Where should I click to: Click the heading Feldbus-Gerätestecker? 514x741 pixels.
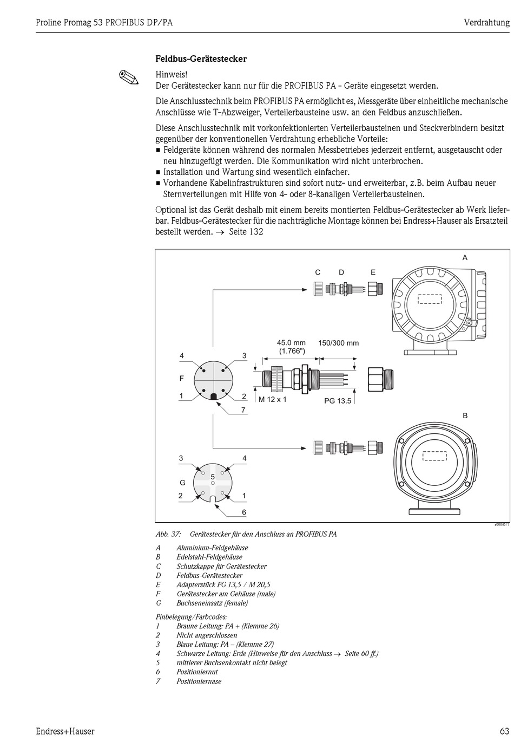pos(201,58)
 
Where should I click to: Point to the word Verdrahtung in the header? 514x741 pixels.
pos(486,22)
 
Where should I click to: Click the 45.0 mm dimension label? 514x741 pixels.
pos(291,343)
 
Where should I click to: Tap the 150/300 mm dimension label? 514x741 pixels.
pos(338,343)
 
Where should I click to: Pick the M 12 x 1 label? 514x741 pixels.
pos(272,399)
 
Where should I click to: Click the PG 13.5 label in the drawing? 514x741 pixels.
pos(338,401)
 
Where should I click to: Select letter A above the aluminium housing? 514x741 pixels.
pos(465,258)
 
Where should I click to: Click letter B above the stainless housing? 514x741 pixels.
pos(465,415)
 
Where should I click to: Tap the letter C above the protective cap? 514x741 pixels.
pos(318,272)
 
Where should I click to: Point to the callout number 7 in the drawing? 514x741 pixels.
pos(243,410)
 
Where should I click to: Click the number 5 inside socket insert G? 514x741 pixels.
pos(213,476)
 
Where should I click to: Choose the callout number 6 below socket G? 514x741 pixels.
pos(244,512)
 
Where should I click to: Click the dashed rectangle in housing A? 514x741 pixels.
pos(430,299)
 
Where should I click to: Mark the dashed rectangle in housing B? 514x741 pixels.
pos(434,456)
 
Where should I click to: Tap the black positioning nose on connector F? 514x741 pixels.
pos(214,396)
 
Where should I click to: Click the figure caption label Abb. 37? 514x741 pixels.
pos(168,534)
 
